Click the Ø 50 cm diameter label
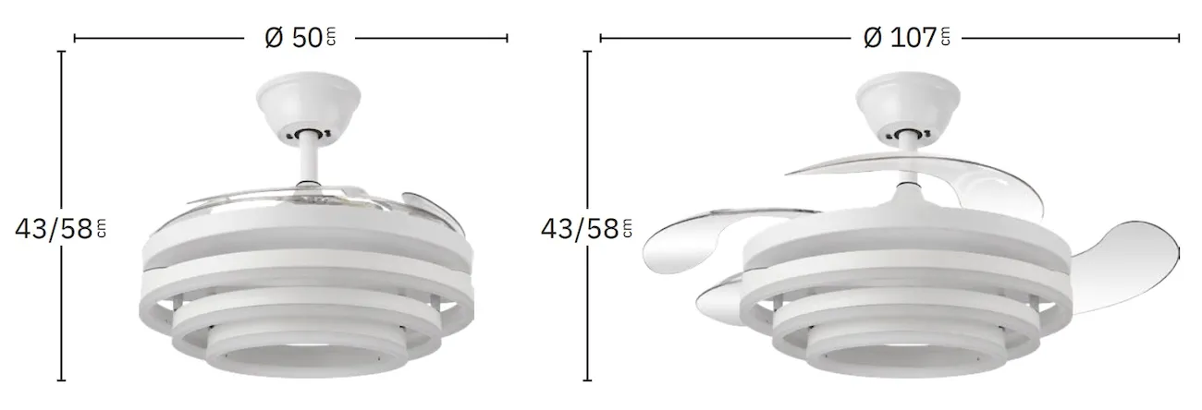[x=300, y=38]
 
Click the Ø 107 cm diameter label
[x=907, y=38]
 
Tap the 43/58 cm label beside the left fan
[x=61, y=229]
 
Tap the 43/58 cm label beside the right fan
[x=586, y=229]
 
